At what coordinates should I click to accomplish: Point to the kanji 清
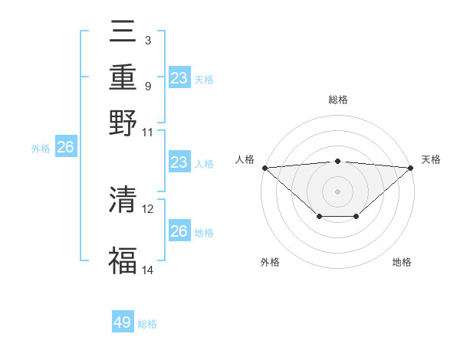click(123, 201)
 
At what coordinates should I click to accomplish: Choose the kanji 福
click(123, 261)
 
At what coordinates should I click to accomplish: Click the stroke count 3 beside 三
click(148, 38)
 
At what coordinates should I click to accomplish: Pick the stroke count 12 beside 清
click(148, 208)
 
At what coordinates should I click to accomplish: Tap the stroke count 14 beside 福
click(148, 270)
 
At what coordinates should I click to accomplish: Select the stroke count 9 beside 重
click(148, 86)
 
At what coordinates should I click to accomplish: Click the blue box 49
click(123, 322)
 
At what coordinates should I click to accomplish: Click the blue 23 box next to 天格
click(179, 77)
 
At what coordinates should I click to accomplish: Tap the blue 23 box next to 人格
click(179, 162)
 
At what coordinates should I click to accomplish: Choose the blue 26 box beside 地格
click(179, 231)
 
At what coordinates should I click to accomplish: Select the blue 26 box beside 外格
click(65, 148)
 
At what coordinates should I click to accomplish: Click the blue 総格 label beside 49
click(147, 324)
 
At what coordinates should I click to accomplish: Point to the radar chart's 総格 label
click(338, 100)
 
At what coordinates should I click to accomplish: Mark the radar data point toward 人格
click(264, 168)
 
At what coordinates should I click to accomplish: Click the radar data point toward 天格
click(411, 168)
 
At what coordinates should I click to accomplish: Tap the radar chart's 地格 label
click(402, 262)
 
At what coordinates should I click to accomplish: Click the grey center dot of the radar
click(338, 191)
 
